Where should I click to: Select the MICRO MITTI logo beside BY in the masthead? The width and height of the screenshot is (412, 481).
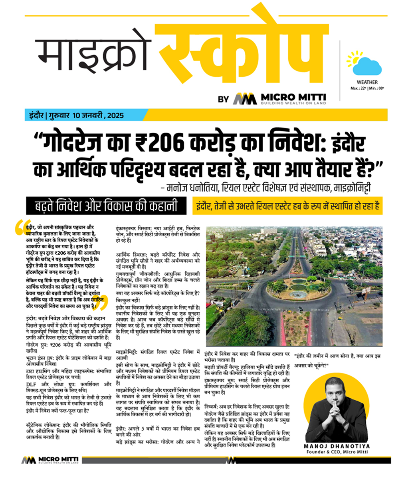pyautogui.click(x=279, y=99)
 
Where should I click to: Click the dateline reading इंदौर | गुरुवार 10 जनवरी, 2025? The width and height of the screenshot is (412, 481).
pyautogui.click(x=74, y=116)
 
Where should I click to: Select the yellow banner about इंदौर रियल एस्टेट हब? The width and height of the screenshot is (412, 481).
pyautogui.click(x=287, y=207)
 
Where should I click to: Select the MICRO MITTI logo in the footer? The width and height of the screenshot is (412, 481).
pyautogui.click(x=50, y=460)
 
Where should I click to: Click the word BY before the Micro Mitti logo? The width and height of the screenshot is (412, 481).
pyautogui.click(x=224, y=100)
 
